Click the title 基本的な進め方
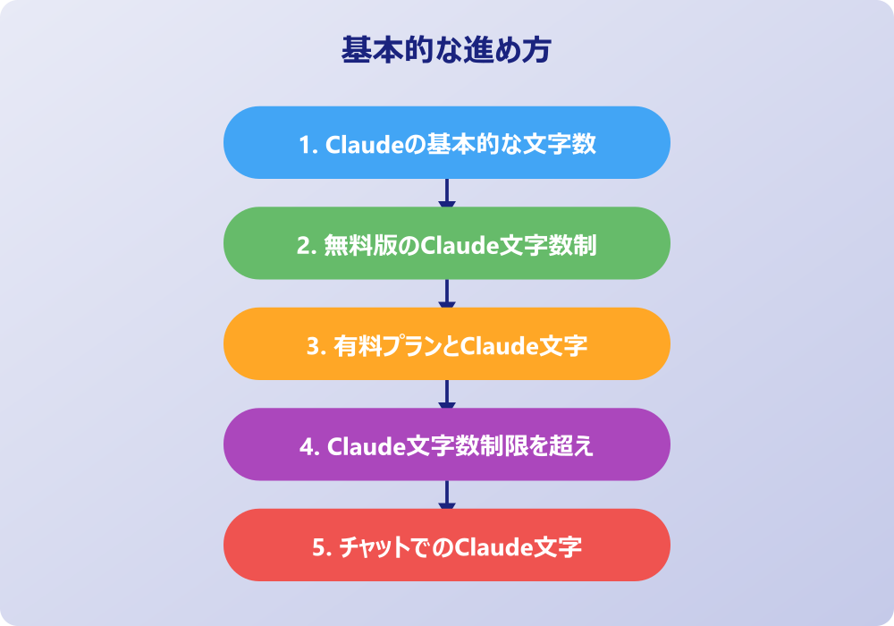click(x=446, y=50)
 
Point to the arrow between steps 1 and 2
click(x=447, y=193)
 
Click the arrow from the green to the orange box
click(x=447, y=293)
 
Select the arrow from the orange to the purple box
click(x=447, y=394)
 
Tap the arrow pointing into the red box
click(x=447, y=495)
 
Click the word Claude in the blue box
click(x=357, y=144)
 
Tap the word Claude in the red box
click(x=489, y=546)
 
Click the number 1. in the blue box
click(x=307, y=144)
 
